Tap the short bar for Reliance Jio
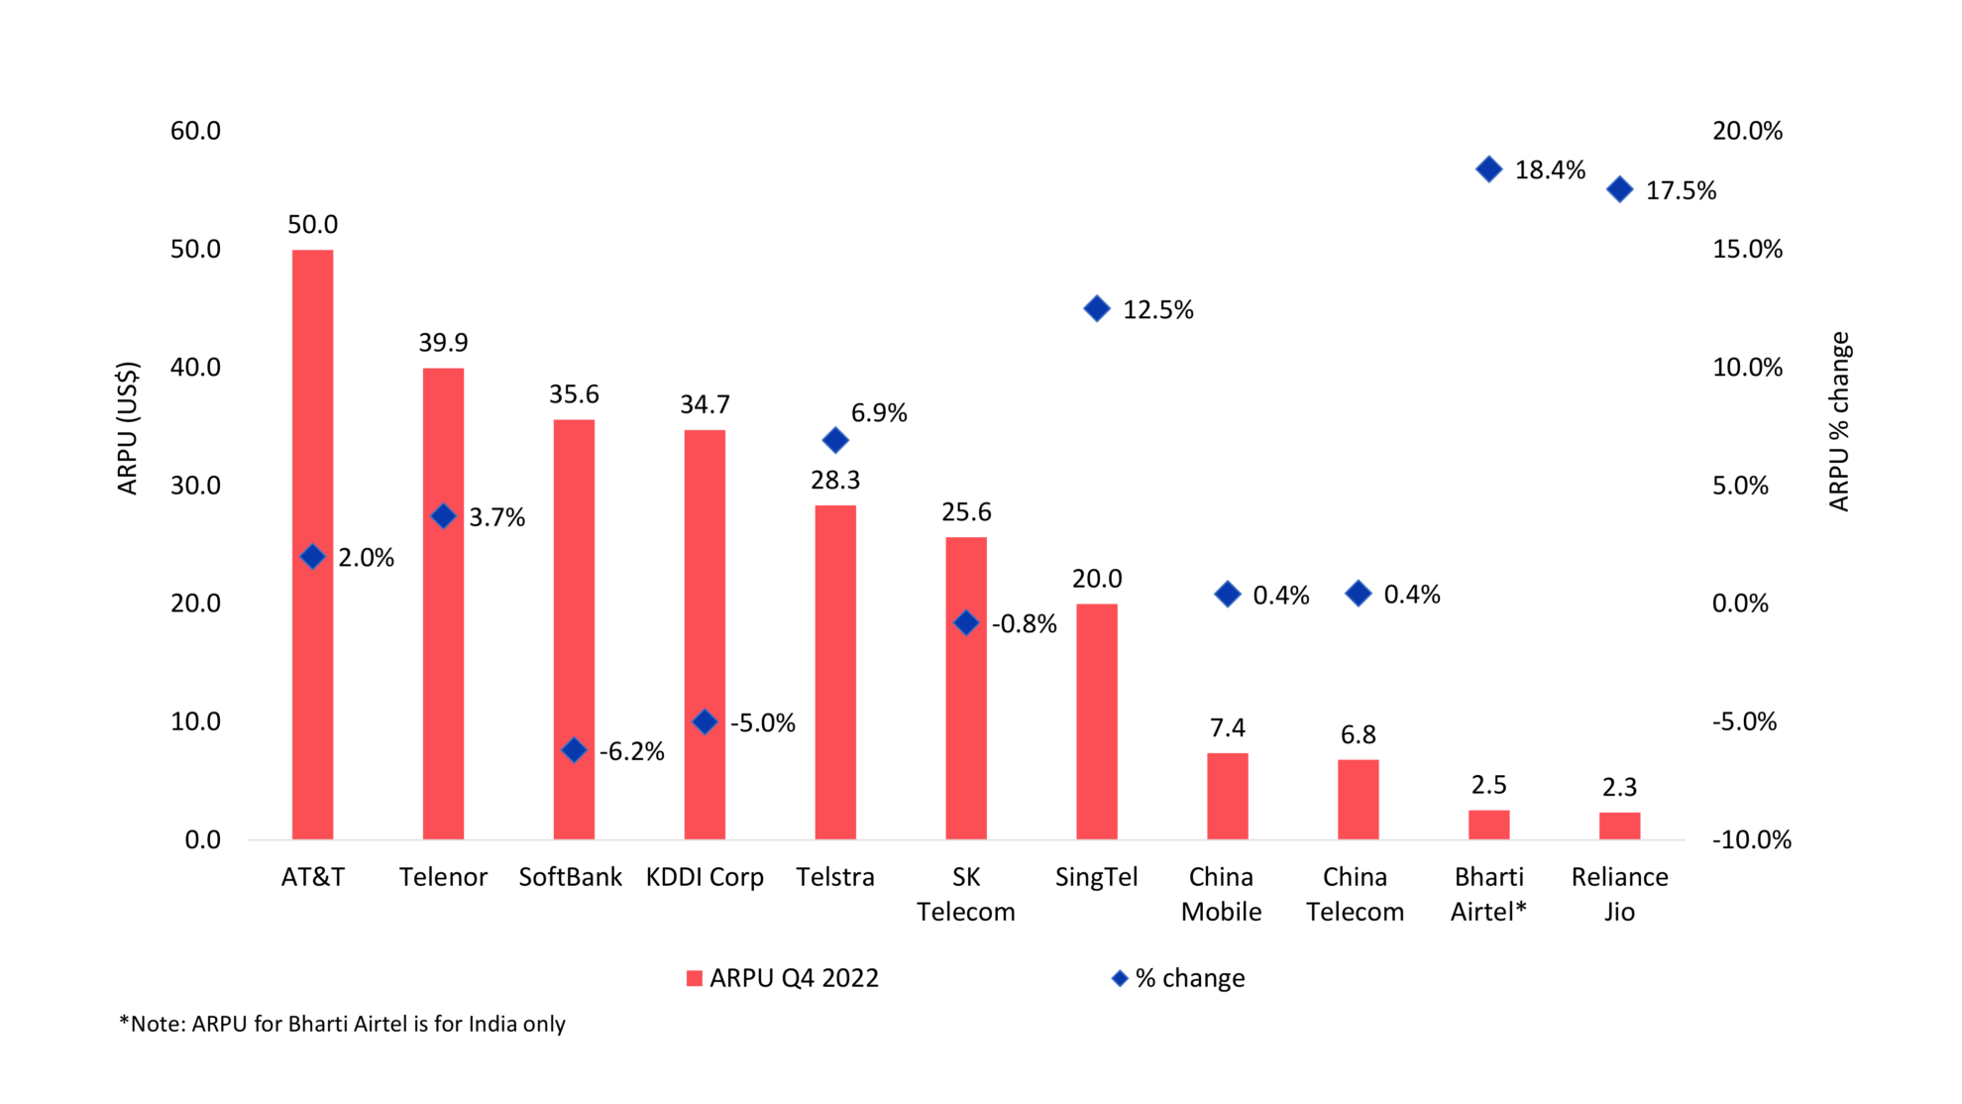click(x=1619, y=826)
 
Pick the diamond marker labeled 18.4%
click(x=1488, y=169)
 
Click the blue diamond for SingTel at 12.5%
click(x=1096, y=309)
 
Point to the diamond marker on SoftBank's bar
click(x=574, y=750)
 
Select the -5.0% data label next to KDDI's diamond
click(x=762, y=723)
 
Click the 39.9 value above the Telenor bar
click(x=443, y=343)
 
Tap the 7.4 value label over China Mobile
click(x=1227, y=728)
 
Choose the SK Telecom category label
click(x=965, y=894)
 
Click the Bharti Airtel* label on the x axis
click(x=1488, y=894)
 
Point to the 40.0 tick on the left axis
click(x=195, y=368)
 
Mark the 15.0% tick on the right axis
click(x=1747, y=249)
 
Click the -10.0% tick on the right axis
click(x=1751, y=840)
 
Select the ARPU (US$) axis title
click(x=128, y=428)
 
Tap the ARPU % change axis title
click(x=1839, y=421)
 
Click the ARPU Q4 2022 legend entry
click(x=783, y=978)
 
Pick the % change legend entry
click(x=1178, y=978)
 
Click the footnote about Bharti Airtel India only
click(x=342, y=1024)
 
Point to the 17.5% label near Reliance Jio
click(x=1681, y=191)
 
